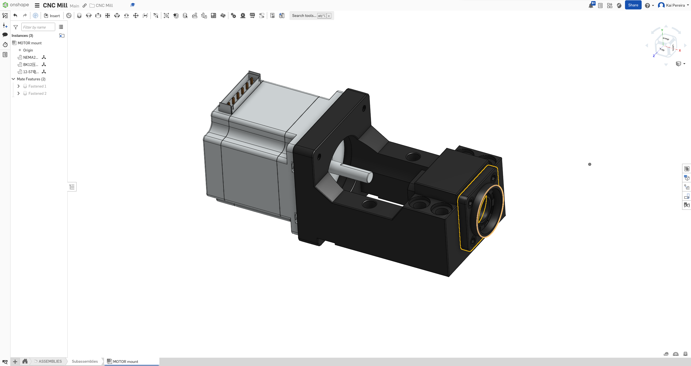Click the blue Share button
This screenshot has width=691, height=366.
pyautogui.click(x=633, y=5)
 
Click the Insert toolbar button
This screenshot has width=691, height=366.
pyautogui.click(x=52, y=16)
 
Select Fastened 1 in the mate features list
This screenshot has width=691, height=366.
pyautogui.click(x=37, y=86)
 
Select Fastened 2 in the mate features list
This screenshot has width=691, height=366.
pyautogui.click(x=37, y=93)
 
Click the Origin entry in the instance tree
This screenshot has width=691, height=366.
pyautogui.click(x=28, y=50)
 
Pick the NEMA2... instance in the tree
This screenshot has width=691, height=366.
pyautogui.click(x=31, y=57)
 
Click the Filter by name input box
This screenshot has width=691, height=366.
pyautogui.click(x=38, y=27)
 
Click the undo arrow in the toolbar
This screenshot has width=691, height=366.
pyautogui.click(x=15, y=16)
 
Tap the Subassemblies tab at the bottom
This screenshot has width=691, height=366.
pyautogui.click(x=85, y=361)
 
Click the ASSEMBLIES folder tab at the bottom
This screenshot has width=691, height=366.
pyautogui.click(x=50, y=361)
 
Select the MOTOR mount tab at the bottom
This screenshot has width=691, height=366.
pyautogui.click(x=125, y=362)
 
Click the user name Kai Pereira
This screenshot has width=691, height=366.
pyautogui.click(x=675, y=5)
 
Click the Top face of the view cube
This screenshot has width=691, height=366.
pyautogui.click(x=662, y=49)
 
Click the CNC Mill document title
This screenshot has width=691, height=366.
pyautogui.click(x=55, y=5)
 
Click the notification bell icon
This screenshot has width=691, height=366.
pyautogui.click(x=591, y=6)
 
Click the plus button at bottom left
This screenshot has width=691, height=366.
pyautogui.click(x=15, y=362)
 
